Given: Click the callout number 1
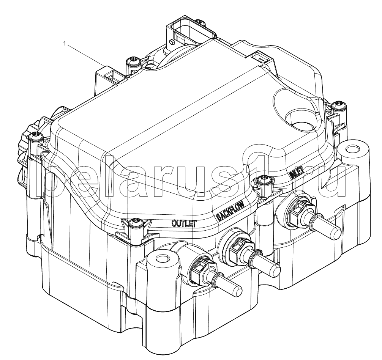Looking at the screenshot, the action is pyautogui.click(x=65, y=44).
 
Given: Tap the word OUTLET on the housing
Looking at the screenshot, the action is pyautogui.click(x=184, y=223).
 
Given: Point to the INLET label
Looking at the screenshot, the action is pyautogui.click(x=296, y=174).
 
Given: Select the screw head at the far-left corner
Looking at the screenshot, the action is pyautogui.click(x=34, y=136).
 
